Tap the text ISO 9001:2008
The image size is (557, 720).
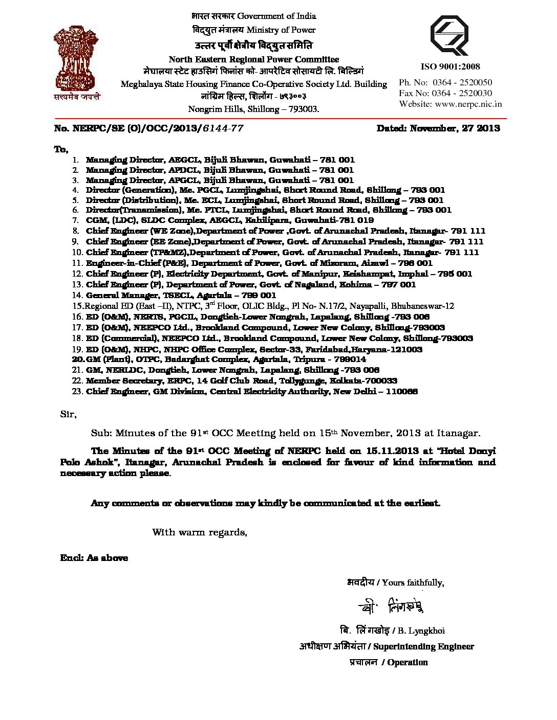(450, 66)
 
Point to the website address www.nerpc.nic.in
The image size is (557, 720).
(468, 104)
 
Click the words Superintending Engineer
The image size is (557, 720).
(423, 646)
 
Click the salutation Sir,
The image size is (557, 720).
(68, 414)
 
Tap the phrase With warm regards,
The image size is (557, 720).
(200, 532)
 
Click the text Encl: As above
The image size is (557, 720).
(94, 557)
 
